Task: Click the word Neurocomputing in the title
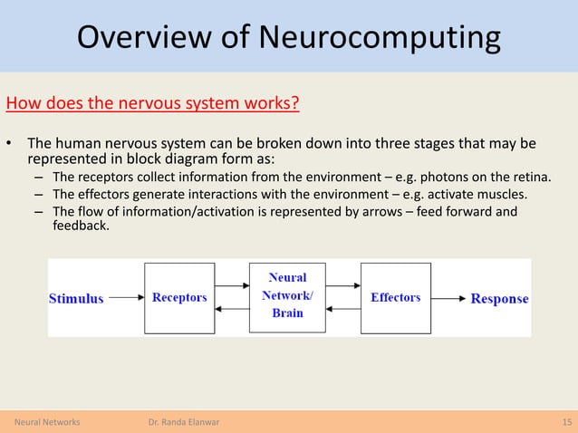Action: coord(380,37)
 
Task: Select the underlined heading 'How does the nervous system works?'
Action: coord(153,101)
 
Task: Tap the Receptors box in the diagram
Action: coord(179,298)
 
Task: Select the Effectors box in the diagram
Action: coord(396,298)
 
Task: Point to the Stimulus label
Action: coord(76,298)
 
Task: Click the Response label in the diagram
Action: coord(499,298)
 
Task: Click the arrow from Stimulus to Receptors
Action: coord(124,298)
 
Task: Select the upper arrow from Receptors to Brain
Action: coord(232,287)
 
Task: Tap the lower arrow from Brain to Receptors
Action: coord(232,309)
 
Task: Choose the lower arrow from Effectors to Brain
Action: coord(342,309)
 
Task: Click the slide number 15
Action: coord(565,422)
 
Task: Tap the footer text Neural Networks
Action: coord(47,422)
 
